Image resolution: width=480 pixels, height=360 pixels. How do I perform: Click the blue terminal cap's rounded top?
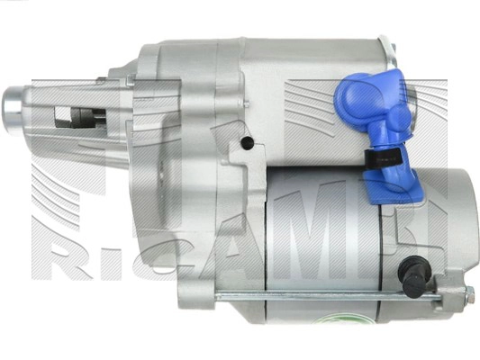(358, 91)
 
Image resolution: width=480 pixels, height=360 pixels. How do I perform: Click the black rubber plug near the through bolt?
(412, 274)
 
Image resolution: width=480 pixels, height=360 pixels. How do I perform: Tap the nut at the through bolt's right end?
(468, 294)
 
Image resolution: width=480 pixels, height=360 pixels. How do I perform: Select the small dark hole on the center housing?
(246, 143)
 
